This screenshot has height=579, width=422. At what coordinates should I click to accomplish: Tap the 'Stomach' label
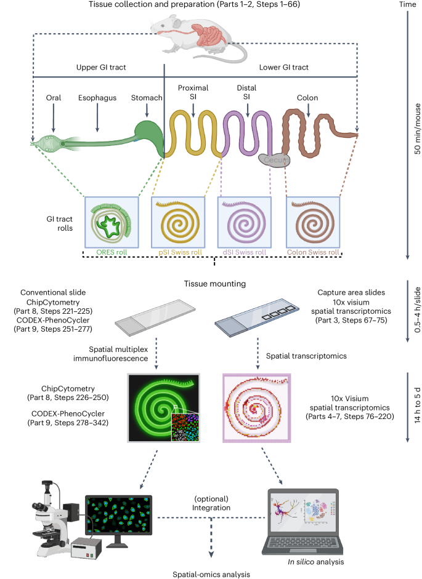coord(147,97)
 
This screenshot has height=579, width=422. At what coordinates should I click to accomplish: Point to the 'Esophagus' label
coord(97,97)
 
